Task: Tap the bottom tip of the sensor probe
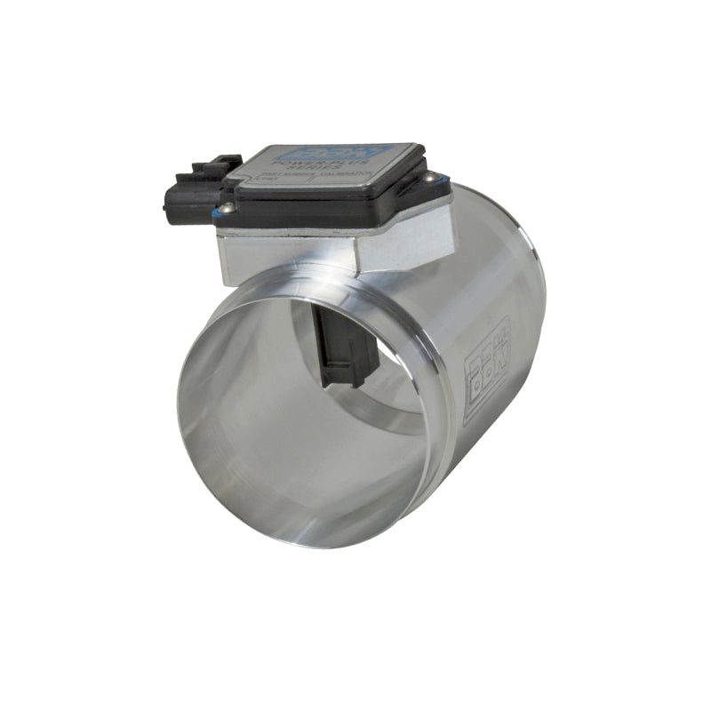349,380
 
